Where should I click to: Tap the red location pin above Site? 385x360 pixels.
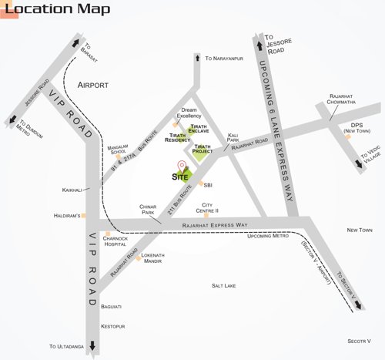point(182,164)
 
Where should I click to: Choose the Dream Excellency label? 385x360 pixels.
point(189,113)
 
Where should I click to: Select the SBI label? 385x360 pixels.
point(207,184)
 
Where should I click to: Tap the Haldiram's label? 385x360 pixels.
point(67,216)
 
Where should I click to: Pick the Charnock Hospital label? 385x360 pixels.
point(119,241)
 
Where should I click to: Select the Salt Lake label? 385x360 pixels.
point(223,286)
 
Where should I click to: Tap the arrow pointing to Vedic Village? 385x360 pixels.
point(360,162)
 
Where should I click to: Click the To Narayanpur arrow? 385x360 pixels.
point(198,57)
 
